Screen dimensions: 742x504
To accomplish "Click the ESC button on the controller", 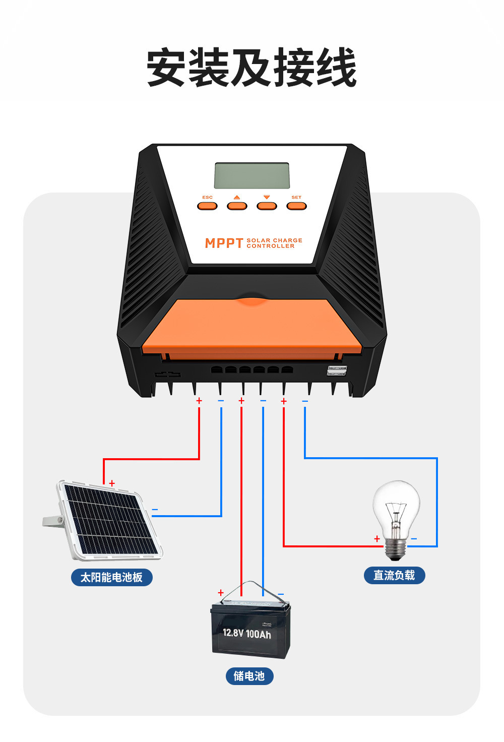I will click(x=207, y=205).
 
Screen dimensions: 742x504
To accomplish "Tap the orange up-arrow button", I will click(x=237, y=205).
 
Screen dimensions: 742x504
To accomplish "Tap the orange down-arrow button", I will click(x=267, y=205).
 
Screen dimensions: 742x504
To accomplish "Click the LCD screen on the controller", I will click(x=252, y=175).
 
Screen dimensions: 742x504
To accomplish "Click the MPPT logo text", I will click(x=224, y=243).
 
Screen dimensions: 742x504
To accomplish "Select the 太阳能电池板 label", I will click(x=111, y=577).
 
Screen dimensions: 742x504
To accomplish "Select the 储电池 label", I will click(x=249, y=676).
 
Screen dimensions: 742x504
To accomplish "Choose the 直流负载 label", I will click(x=394, y=575).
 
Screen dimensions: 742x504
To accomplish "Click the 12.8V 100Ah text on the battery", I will click(x=247, y=634).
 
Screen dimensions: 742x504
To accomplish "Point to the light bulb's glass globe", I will click(x=396, y=504).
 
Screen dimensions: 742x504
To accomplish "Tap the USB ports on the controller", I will click(x=337, y=370).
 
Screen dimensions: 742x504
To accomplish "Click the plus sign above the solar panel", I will click(x=112, y=483).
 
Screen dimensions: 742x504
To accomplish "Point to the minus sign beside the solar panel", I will click(x=155, y=510).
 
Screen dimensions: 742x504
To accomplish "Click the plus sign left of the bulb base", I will click(x=377, y=539).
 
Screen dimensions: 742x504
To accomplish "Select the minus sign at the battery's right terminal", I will click(x=281, y=594).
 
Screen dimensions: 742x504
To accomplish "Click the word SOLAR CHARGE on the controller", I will click(x=274, y=240).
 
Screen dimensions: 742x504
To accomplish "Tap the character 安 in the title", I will click(x=167, y=68).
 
